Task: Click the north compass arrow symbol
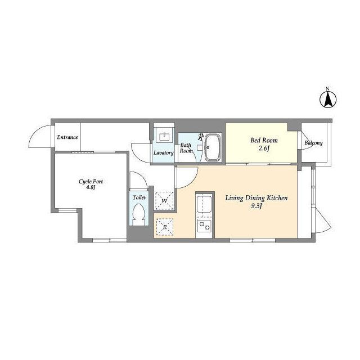(x=328, y=99)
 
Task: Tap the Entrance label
(x=67, y=137)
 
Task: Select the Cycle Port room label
(x=91, y=182)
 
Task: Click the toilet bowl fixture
(x=138, y=214)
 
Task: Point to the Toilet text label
(x=139, y=197)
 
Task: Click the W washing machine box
(x=164, y=201)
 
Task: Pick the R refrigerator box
(x=165, y=227)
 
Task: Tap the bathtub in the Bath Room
(x=213, y=147)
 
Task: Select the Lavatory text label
(x=164, y=153)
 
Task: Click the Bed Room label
(x=264, y=140)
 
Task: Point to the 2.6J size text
(x=264, y=148)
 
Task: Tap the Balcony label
(x=314, y=143)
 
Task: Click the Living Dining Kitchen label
(x=256, y=198)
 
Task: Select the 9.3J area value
(x=256, y=206)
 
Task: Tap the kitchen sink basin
(x=204, y=204)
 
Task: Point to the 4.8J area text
(x=91, y=187)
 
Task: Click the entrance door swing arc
(x=35, y=133)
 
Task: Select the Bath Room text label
(x=186, y=148)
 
